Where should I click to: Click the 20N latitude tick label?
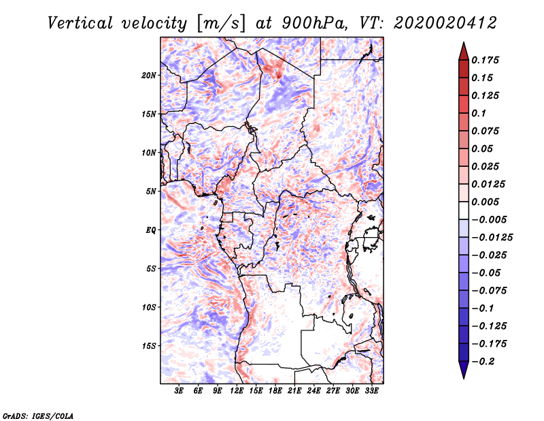(x=149, y=75)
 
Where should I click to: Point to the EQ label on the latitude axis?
(x=151, y=230)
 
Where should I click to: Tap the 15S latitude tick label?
(x=149, y=346)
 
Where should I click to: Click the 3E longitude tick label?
(x=179, y=391)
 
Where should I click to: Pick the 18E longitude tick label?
(x=275, y=391)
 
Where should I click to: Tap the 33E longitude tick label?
(x=371, y=391)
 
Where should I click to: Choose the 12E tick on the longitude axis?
(x=237, y=391)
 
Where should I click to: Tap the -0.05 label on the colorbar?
(x=488, y=272)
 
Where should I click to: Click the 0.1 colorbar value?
(x=481, y=113)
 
